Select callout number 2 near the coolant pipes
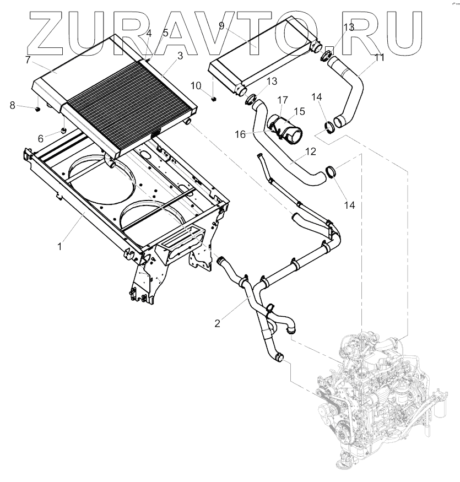click(x=218, y=323)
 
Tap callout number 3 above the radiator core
click(x=180, y=56)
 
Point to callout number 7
click(x=148, y=34)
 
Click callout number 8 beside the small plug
click(x=165, y=34)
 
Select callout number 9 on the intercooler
click(x=28, y=59)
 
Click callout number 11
click(x=221, y=26)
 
